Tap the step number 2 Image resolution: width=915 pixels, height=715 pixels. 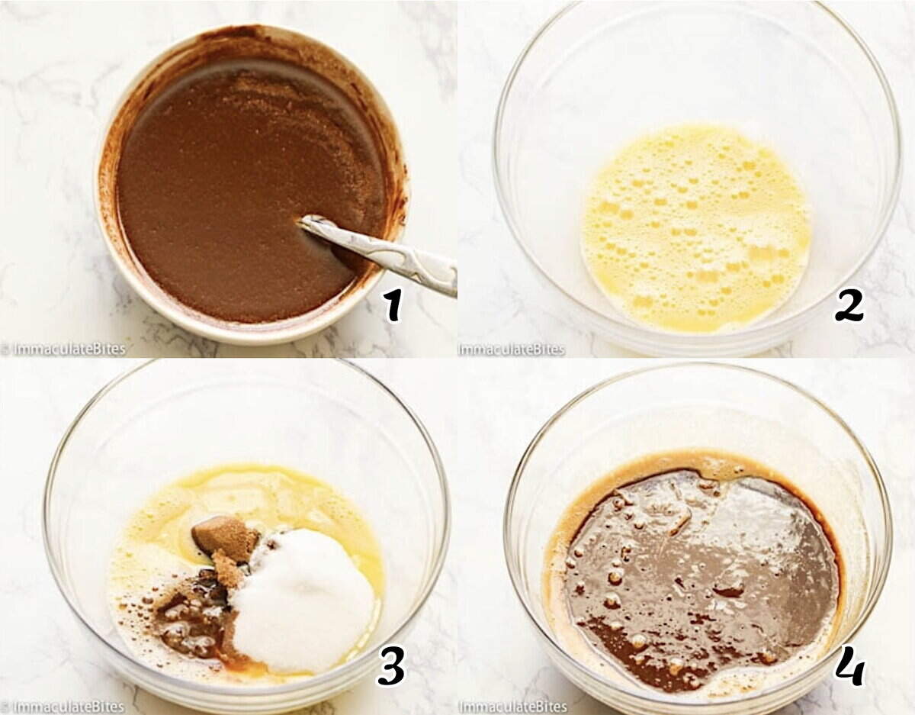click(849, 304)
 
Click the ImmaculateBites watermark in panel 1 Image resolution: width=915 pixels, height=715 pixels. click(67, 349)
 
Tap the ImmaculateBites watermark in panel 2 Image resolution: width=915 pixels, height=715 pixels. click(511, 349)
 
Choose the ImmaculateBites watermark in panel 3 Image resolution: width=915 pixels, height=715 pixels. click(67, 706)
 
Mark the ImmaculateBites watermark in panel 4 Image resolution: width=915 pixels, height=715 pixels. click(512, 706)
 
